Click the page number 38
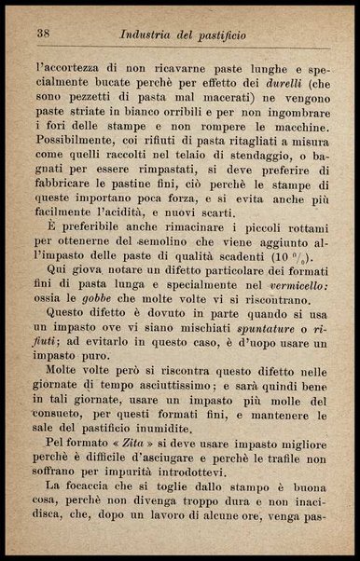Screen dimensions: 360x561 pyautogui.click(x=43, y=34)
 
